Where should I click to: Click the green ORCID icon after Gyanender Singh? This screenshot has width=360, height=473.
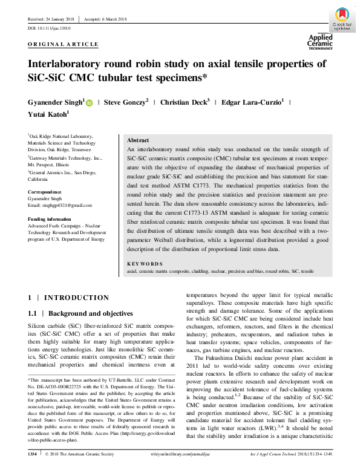click(x=90, y=103)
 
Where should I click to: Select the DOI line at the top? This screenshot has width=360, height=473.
click(x=50, y=28)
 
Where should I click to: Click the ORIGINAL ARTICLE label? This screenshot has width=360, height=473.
click(x=63, y=44)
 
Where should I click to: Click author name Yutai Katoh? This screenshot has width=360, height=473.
click(x=49, y=114)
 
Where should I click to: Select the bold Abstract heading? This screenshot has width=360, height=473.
click(x=139, y=140)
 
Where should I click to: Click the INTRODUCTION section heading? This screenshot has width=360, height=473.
click(x=76, y=298)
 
